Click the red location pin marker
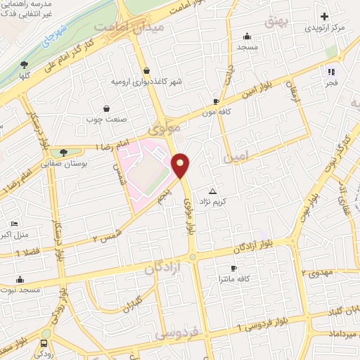181,165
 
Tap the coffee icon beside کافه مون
216,101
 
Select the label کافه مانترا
250,278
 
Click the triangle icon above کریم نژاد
213,191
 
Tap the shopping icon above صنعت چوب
106,108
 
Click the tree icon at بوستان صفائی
63,152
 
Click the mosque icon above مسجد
247,37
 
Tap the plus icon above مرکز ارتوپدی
324,16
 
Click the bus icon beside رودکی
44,344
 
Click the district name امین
236,159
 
